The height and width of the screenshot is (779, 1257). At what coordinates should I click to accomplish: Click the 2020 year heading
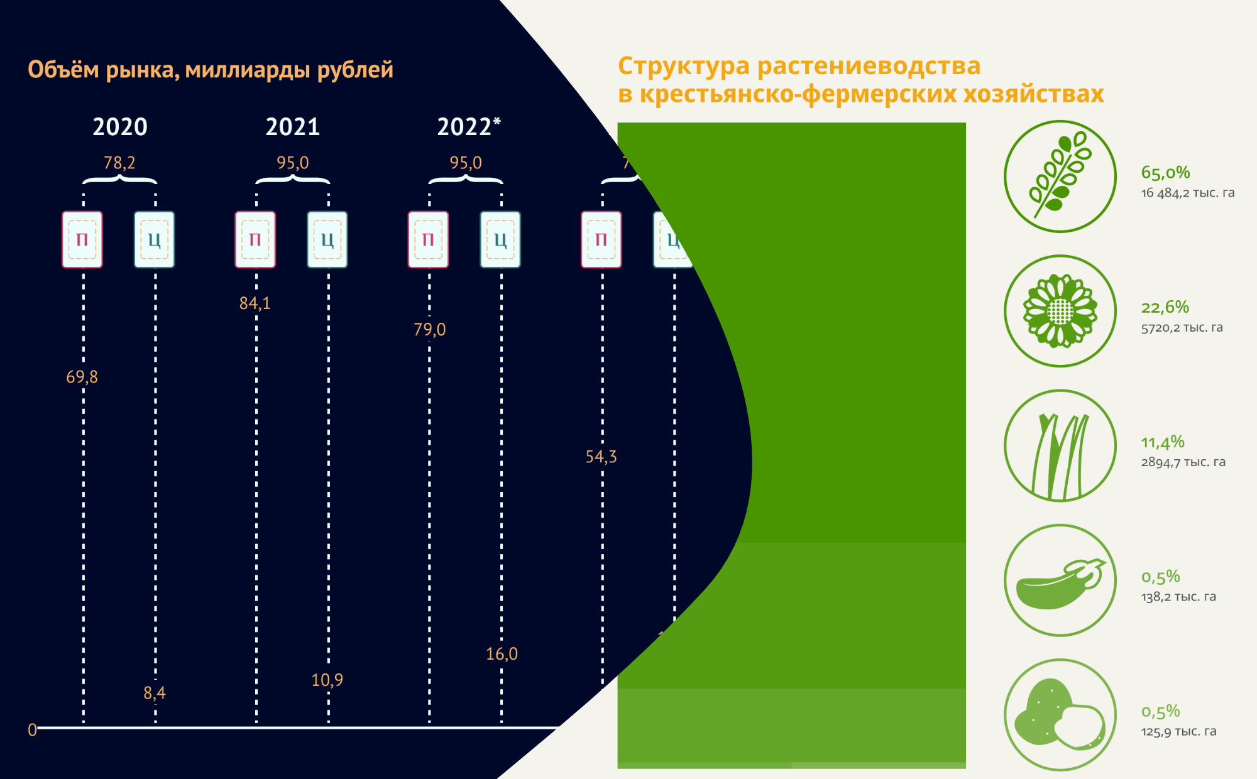point(120,127)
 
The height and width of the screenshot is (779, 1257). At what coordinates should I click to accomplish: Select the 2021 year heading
point(293,127)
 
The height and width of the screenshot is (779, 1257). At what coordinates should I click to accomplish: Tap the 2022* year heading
point(468,127)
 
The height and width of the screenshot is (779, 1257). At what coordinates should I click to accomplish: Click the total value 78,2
point(119,163)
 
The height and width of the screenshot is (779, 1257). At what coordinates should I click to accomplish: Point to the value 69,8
point(82,377)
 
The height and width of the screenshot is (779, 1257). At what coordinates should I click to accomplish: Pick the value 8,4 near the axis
point(155,693)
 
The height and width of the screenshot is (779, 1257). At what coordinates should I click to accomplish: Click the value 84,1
point(255,303)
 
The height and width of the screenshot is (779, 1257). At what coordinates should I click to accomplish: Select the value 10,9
point(327,680)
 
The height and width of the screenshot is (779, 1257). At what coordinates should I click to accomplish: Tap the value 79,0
point(430,329)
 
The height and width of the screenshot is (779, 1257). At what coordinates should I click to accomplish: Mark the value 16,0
point(502,654)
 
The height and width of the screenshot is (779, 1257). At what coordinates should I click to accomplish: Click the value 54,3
point(601,457)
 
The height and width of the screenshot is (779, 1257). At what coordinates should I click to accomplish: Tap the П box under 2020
point(82,240)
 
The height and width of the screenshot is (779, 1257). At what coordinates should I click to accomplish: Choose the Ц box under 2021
point(327,240)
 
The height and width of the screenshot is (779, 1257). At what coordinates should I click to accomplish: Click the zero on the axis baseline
point(33,730)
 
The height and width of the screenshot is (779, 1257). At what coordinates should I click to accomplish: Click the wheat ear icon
point(1060,177)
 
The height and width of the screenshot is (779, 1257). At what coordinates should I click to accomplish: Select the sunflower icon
point(1060,311)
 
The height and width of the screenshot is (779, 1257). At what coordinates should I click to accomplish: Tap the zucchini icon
point(1060,580)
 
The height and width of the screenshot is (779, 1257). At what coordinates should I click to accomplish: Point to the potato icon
point(1060,715)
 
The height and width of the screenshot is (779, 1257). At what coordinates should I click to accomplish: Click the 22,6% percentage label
point(1165,307)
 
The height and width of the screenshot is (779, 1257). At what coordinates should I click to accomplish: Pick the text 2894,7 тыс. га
point(1183,462)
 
